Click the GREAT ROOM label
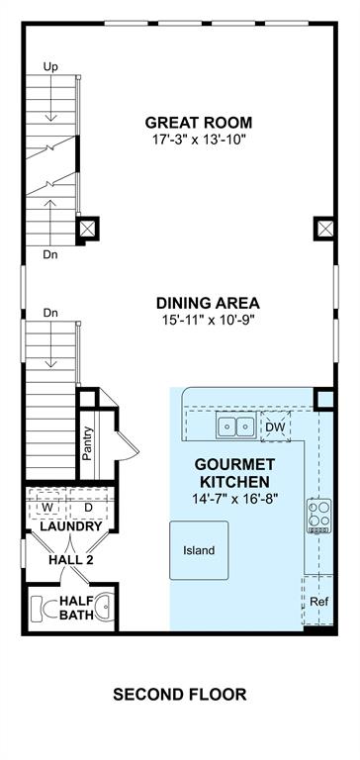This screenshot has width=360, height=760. pos(199,122)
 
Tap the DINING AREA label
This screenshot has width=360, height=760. pos(208,304)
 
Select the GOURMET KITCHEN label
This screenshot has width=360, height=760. pos(234,473)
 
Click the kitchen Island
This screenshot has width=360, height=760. pos(199,550)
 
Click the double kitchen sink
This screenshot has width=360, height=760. pos(236,427)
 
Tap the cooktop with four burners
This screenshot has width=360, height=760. pos(319,517)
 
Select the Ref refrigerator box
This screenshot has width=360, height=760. pos(318,602)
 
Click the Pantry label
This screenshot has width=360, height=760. pos(87,443)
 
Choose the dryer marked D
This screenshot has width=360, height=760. pos(89,507)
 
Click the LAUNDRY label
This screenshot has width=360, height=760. pos(71,526)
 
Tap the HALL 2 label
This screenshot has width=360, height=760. pos(71,560)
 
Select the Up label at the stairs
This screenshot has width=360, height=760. pos(50,67)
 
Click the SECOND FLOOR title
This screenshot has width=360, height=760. pos(180,695)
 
